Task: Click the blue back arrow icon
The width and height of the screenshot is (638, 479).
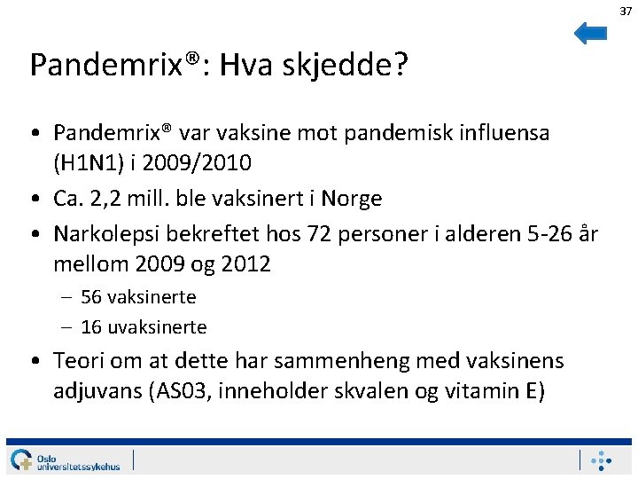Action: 590,33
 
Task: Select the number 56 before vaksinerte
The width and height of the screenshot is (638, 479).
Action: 90,297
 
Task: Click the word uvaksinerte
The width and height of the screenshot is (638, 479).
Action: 157,327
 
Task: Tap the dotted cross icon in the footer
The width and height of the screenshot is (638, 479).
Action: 602,460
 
